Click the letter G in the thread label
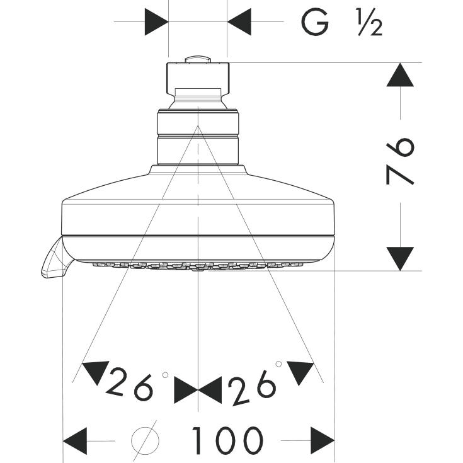[315, 22]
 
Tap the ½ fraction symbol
[369, 22]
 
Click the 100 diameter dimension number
[227, 440]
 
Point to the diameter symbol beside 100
[145, 441]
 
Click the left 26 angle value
[130, 384]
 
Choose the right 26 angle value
[253, 388]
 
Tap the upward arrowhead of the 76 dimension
[400, 75]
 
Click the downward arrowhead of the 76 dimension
[400, 259]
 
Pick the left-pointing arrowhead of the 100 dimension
[75, 441]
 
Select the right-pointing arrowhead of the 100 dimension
[323, 441]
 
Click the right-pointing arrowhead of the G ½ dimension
[156, 22]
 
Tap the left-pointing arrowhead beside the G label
[239, 22]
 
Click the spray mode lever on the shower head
[53, 258]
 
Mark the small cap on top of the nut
[198, 59]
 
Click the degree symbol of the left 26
[165, 375]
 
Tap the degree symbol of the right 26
[278, 364]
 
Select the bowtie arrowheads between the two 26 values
[198, 390]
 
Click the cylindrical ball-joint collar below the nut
[198, 137]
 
